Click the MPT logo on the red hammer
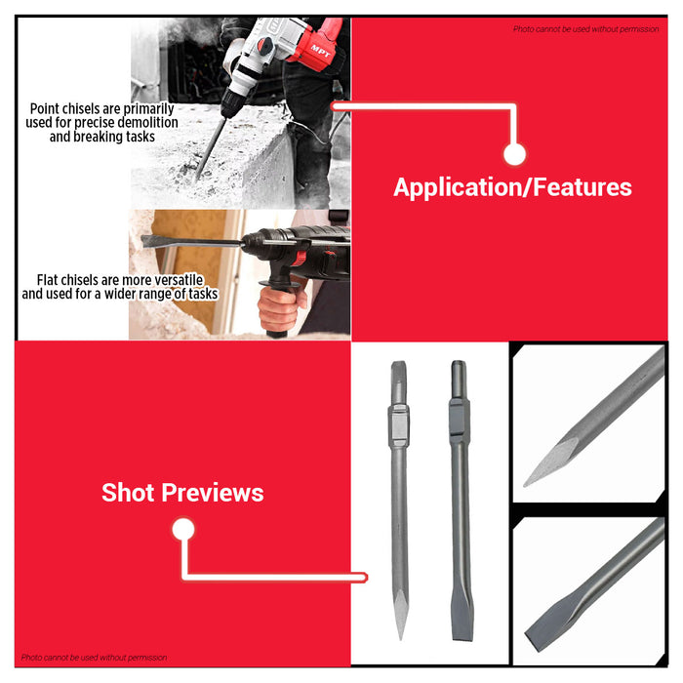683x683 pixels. (x=321, y=51)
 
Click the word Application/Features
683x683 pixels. (x=512, y=187)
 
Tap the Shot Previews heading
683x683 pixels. (x=182, y=493)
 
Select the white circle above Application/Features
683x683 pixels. (x=514, y=154)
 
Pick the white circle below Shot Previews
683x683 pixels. (x=183, y=529)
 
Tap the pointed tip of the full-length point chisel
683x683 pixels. (x=401, y=637)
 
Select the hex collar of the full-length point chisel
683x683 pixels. (x=398, y=426)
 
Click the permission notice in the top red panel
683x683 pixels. (x=585, y=29)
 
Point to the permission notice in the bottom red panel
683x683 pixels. (x=94, y=658)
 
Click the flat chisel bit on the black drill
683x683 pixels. (x=191, y=241)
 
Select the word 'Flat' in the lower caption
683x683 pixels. (x=47, y=280)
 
